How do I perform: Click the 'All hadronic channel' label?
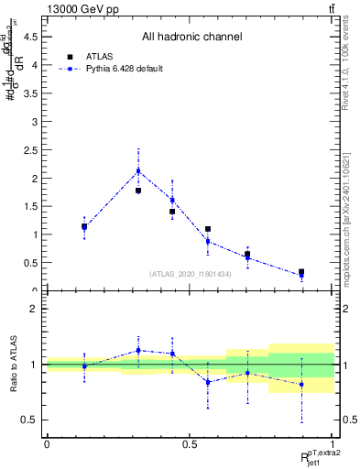(x=191, y=38)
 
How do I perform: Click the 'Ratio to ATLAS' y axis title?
(x=13, y=364)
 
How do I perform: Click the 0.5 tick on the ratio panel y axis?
(x=29, y=420)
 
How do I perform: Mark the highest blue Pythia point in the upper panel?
(x=138, y=171)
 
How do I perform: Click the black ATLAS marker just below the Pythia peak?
(x=138, y=191)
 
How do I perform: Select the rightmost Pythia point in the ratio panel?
(x=301, y=385)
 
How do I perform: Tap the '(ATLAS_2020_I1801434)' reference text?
(x=189, y=274)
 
